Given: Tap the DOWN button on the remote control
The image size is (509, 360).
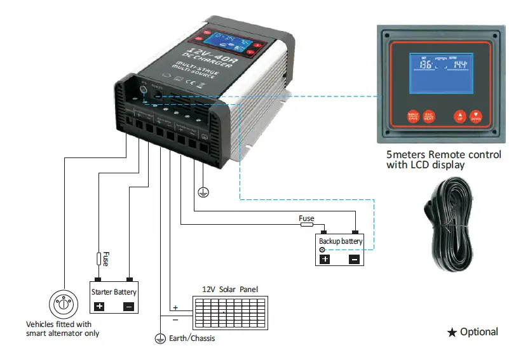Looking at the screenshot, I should click(x=476, y=117).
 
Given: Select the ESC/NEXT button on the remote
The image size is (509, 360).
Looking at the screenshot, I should click(x=429, y=117).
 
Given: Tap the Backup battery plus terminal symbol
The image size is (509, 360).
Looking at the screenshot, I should click(x=325, y=258).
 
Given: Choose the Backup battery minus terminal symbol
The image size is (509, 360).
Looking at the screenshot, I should click(x=354, y=258).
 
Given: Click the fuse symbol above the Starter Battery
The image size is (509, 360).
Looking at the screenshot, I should click(x=98, y=259).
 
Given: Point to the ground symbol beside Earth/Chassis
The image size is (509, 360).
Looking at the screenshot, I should click(x=160, y=338).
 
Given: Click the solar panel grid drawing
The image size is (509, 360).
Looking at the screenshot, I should click(x=226, y=310).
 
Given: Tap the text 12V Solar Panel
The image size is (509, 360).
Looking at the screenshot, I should click(x=229, y=289).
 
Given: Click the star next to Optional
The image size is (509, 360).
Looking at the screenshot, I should click(x=452, y=332).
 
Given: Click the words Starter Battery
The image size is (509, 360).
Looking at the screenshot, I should click(x=114, y=292).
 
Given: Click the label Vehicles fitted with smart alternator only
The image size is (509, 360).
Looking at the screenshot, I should click(x=63, y=328).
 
